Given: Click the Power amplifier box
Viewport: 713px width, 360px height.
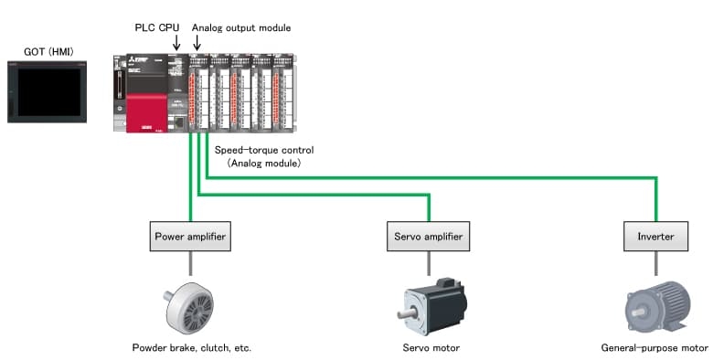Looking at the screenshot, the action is tap(190, 237).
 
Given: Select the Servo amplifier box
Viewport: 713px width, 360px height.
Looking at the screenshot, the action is tap(428, 237).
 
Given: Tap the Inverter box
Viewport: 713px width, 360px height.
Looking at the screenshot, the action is tap(655, 237).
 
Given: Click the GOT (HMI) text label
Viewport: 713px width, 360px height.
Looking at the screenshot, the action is tap(48, 52).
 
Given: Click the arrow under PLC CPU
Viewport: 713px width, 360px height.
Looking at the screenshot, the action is tap(176, 43).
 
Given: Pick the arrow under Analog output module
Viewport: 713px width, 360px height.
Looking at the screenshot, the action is tap(197, 43).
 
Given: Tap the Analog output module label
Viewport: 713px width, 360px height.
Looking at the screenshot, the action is tap(241, 27).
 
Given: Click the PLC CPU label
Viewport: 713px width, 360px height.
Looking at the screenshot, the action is tap(157, 27).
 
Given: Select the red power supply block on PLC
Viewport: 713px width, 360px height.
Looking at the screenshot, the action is tap(146, 112).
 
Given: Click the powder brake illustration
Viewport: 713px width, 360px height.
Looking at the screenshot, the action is tap(188, 308).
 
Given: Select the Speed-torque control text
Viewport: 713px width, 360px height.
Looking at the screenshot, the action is tap(264, 150).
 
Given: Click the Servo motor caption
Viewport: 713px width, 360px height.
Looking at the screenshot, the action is tap(431, 348).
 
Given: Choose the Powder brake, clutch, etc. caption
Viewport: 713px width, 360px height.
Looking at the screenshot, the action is tap(191, 348).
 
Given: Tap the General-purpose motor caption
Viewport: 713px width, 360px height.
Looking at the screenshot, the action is tap(654, 348).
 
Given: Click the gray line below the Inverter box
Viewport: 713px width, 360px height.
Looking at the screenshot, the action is tap(655, 263).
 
